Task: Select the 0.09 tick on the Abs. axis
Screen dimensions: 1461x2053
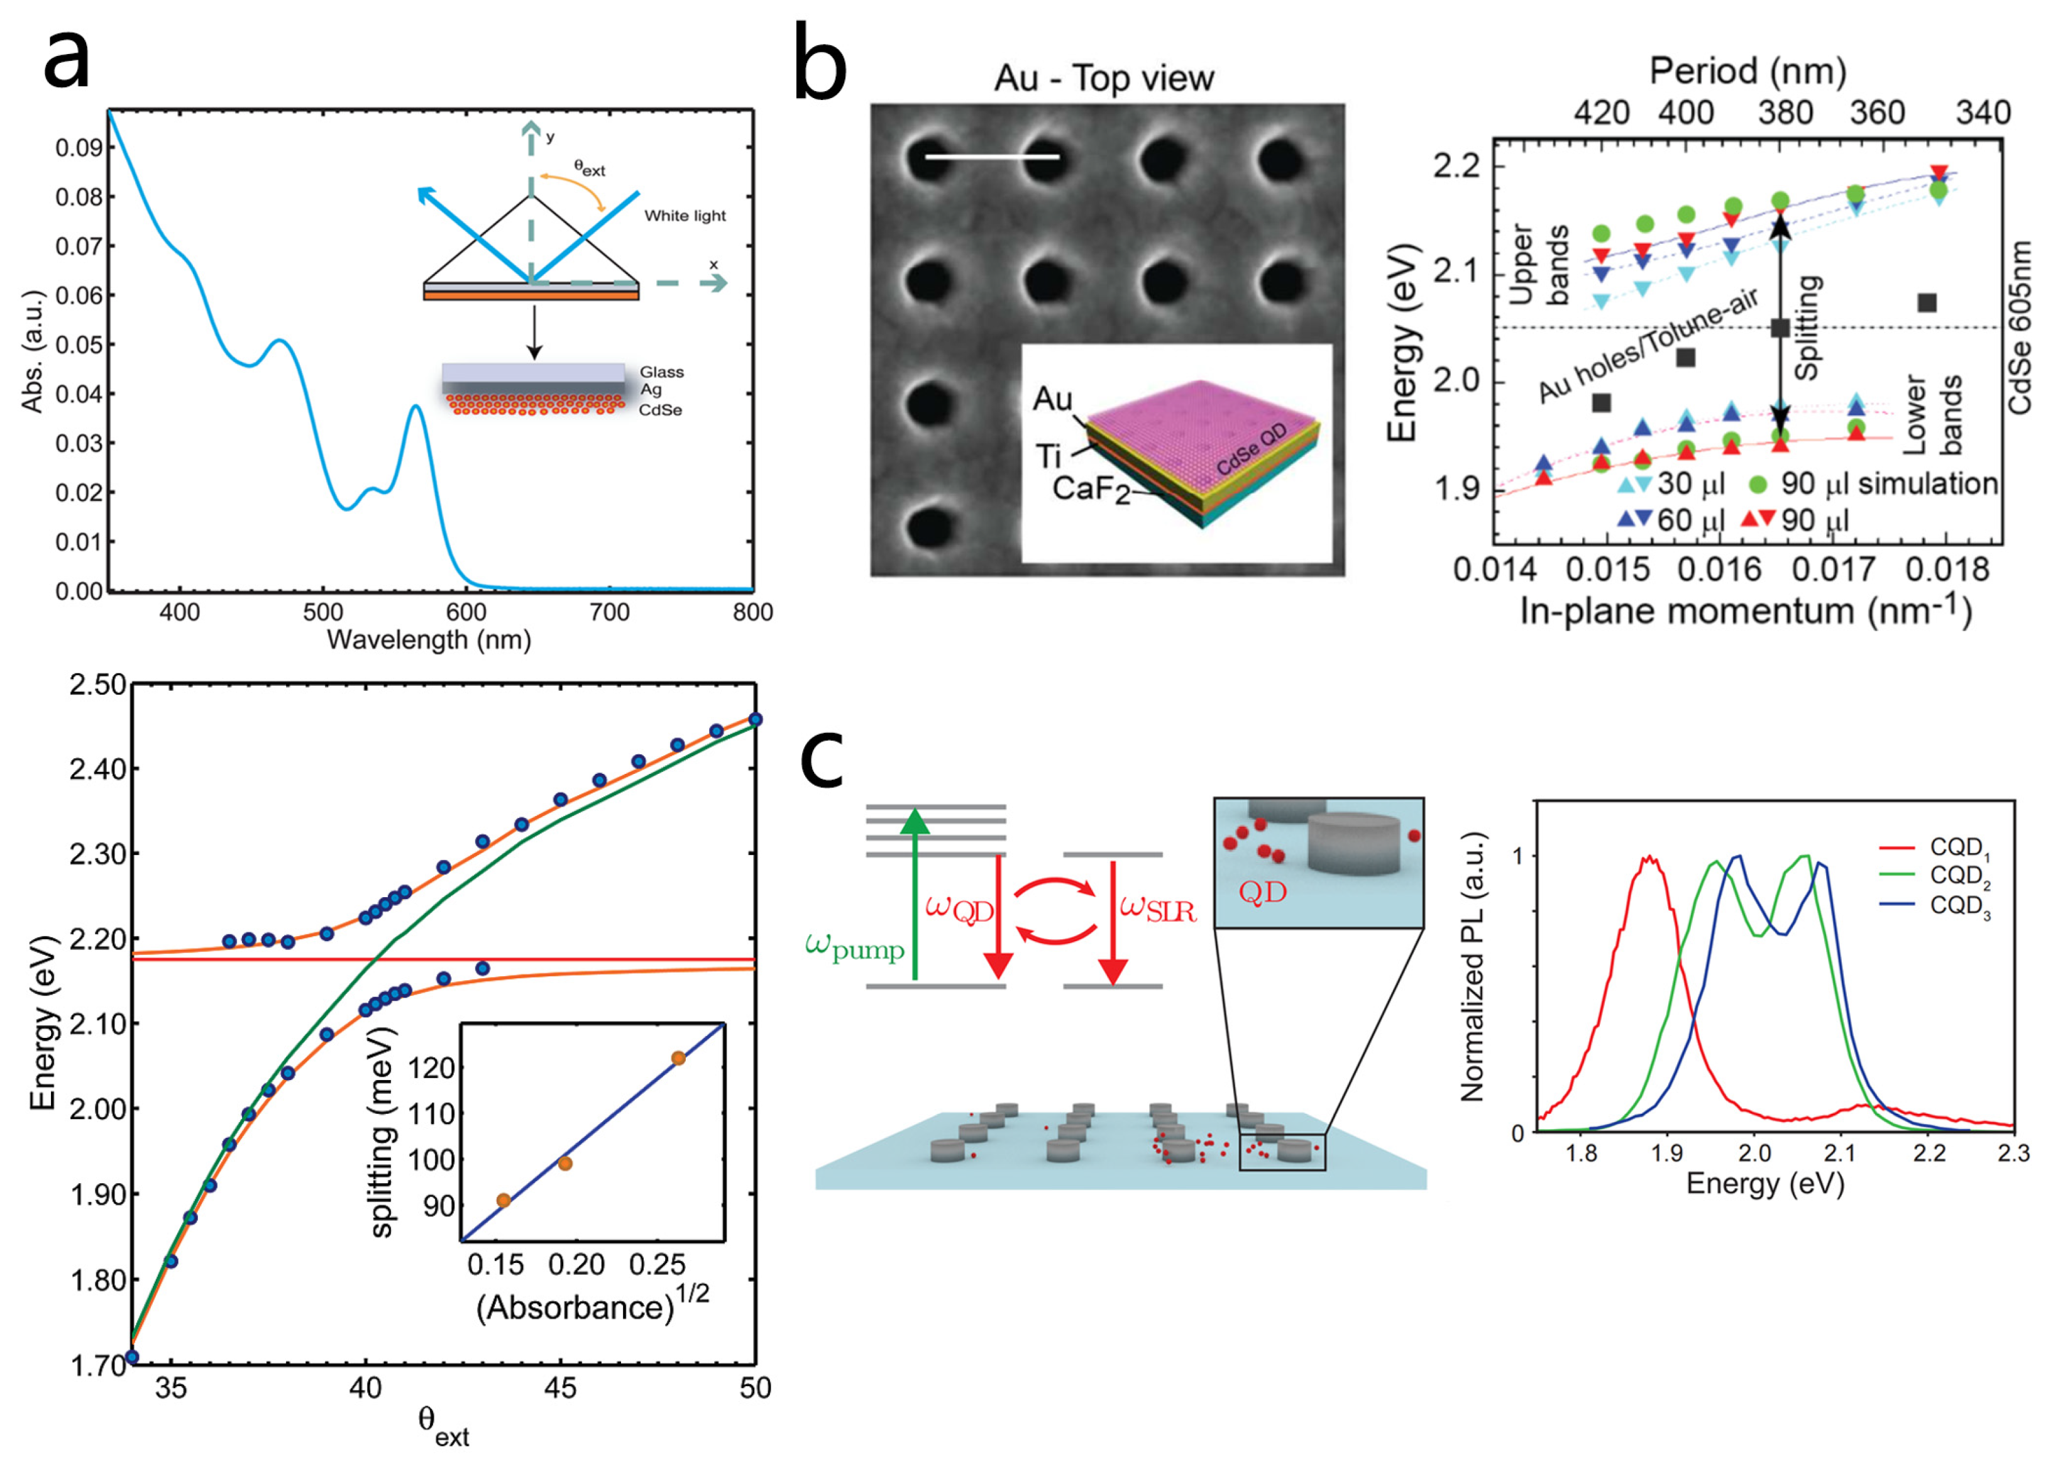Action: pyautogui.click(x=79, y=148)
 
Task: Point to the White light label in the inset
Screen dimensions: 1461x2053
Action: pyautogui.click(x=684, y=216)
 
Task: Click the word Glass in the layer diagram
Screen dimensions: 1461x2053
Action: pyautogui.click(x=661, y=372)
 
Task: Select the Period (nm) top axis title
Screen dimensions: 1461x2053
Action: pyautogui.click(x=1746, y=71)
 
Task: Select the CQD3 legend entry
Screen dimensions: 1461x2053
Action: pyautogui.click(x=1959, y=906)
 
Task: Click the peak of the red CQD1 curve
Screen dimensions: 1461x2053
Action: pyautogui.click(x=1649, y=858)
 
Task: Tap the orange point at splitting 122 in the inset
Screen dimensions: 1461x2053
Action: pyautogui.click(x=678, y=1058)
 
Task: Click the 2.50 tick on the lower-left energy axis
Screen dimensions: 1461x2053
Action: pyautogui.click(x=97, y=685)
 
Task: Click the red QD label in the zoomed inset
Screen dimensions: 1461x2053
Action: pyautogui.click(x=1262, y=893)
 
